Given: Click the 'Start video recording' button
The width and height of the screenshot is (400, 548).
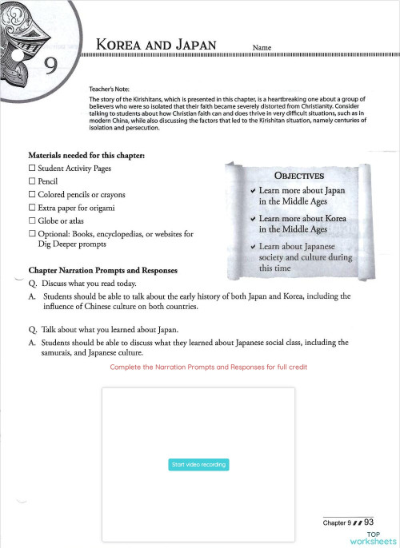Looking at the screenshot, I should [x=199, y=464].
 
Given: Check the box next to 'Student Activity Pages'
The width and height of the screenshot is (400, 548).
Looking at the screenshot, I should [x=32, y=169].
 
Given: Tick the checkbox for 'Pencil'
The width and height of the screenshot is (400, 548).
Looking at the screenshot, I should [x=32, y=181].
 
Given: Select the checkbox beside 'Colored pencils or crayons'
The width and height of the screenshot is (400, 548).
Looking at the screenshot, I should [x=32, y=194].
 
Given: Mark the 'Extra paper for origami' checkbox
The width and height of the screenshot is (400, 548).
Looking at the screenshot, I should [x=32, y=208].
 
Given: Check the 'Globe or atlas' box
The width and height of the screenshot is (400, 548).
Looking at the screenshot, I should [x=32, y=220].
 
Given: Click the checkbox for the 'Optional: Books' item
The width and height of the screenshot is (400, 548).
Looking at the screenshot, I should [x=32, y=233].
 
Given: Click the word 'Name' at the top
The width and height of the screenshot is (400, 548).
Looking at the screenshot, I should [x=262, y=48].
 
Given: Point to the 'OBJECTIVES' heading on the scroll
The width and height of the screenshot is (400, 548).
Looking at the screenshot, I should [x=298, y=176].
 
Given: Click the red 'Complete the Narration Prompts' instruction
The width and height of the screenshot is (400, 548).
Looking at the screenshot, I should [x=208, y=366].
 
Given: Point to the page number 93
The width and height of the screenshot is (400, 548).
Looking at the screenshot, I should [x=369, y=522].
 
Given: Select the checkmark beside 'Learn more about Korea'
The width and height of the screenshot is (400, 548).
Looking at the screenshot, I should [x=253, y=218].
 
